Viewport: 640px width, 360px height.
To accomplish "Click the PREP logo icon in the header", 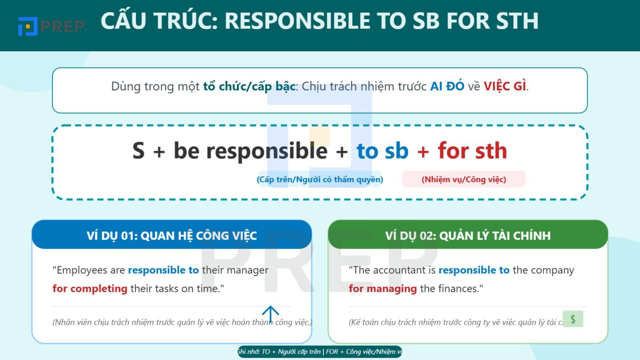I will coord(28,26).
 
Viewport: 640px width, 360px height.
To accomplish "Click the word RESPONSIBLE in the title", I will coord(297,21).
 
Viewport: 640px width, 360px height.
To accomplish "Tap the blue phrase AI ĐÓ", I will coord(447,86).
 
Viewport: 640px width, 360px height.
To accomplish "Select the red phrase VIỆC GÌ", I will coord(505,86).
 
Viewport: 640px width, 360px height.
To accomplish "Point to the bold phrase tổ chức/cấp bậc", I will coord(249,86).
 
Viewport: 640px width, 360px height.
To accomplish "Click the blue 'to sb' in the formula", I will coord(382,151).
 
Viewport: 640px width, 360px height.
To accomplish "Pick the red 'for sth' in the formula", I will coord(472,151).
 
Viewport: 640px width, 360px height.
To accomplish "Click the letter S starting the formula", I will coord(138,151).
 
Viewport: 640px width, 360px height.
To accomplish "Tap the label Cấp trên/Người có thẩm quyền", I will coord(320,179).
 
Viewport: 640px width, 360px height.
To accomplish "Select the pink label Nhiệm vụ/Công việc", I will coord(464,179).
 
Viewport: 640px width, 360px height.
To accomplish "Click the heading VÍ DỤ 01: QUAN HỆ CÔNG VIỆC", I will coord(172,236).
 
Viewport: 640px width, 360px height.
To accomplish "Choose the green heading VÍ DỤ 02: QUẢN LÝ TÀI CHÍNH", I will coord(468,236).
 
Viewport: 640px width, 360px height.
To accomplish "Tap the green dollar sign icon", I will coord(573,319).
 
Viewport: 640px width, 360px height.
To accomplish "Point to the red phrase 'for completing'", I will coord(90,289).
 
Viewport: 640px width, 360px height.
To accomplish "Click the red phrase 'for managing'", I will coord(383,289).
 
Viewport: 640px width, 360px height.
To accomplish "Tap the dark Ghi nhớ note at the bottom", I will coord(320,352).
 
